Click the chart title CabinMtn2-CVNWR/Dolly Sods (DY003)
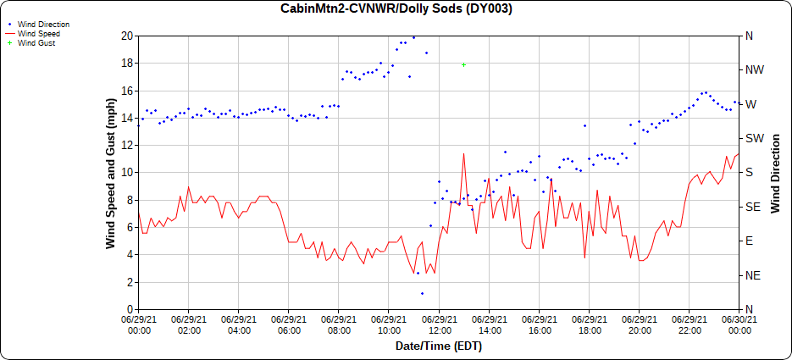[396, 9]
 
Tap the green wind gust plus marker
[463, 64]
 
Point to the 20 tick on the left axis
[127, 36]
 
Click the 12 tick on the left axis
[127, 145]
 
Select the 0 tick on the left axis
[130, 309]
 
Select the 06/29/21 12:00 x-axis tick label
[439, 325]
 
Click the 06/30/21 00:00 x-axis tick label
[739, 325]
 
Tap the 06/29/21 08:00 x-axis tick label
[339, 325]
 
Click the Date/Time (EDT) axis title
[439, 346]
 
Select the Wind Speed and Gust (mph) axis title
[110, 173]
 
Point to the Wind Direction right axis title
[775, 173]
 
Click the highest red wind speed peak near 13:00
[463, 154]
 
